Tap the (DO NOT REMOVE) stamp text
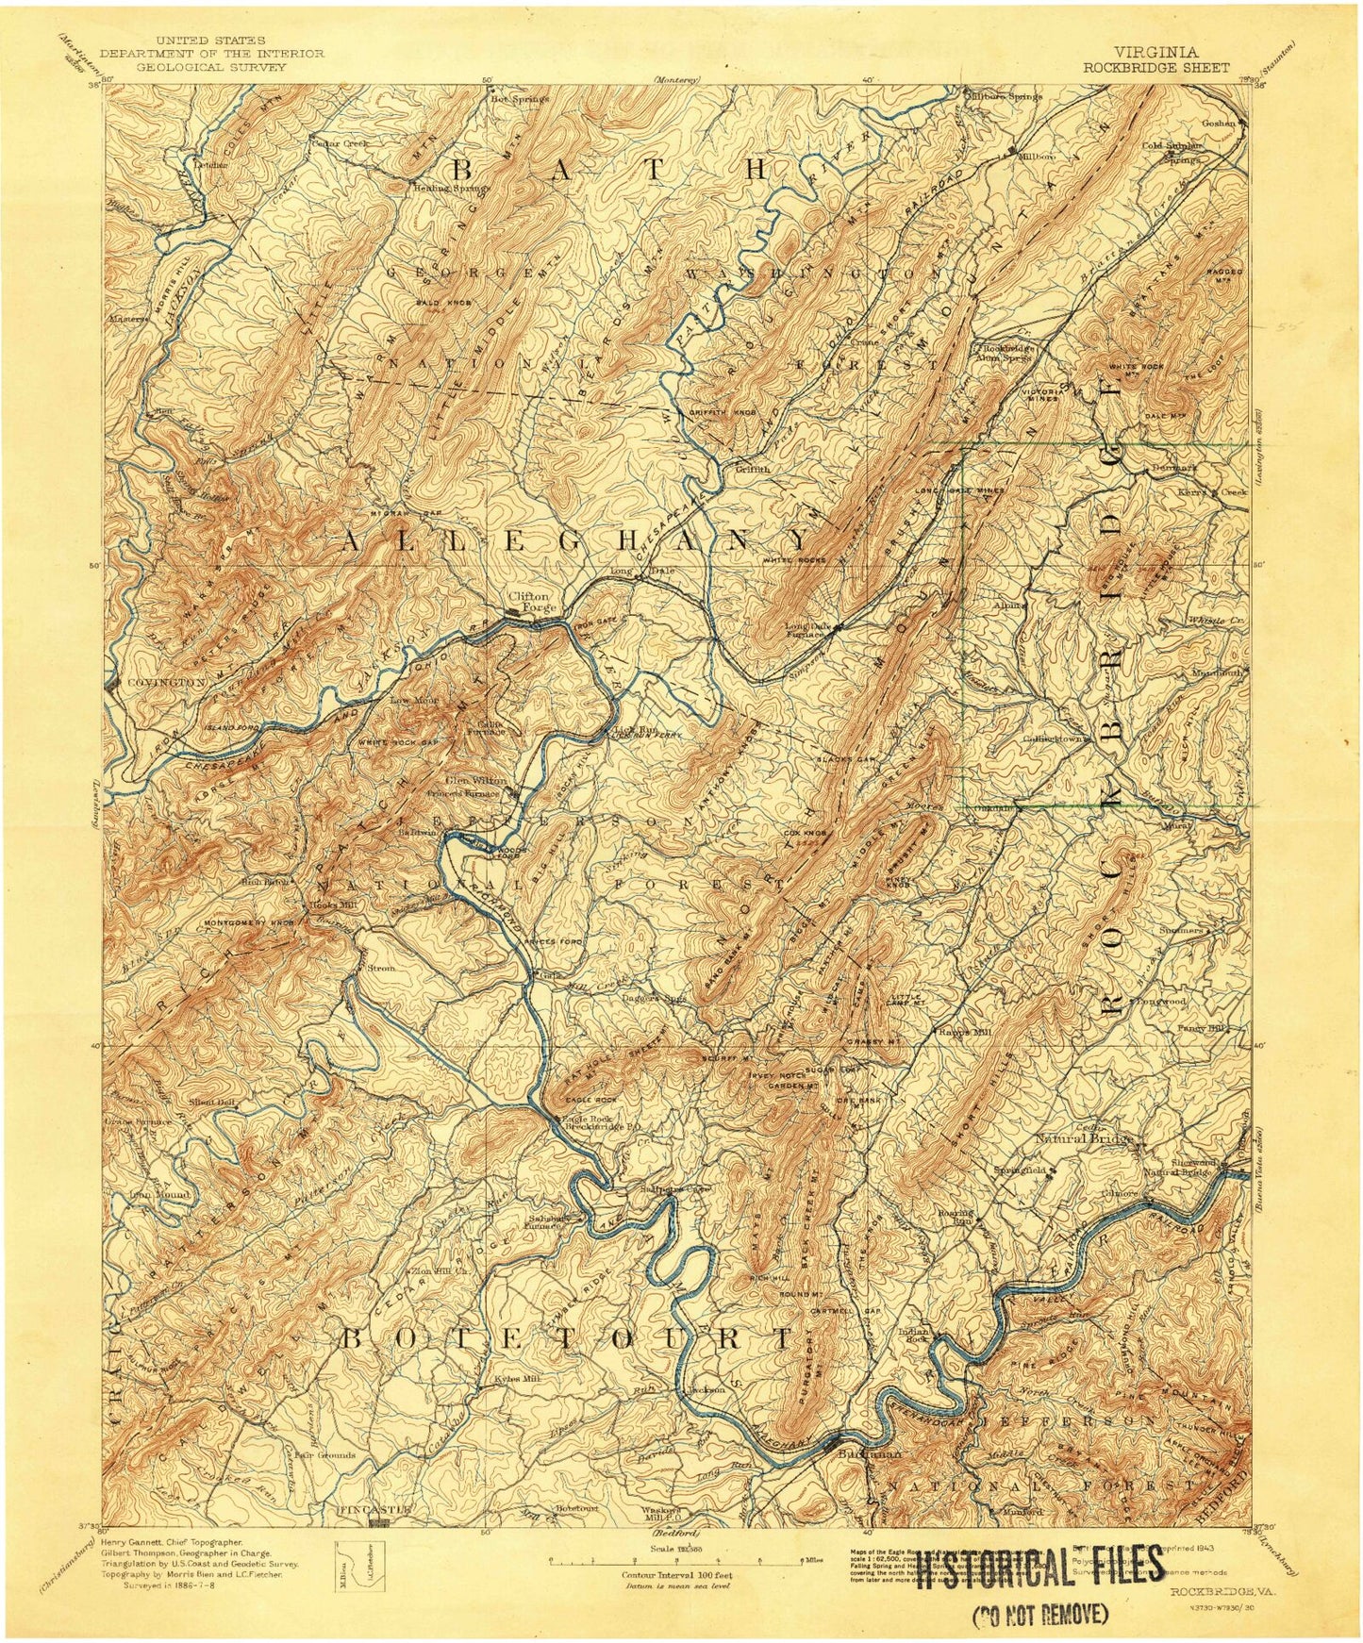(x=1038, y=1616)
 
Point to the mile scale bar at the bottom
(x=676, y=1561)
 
